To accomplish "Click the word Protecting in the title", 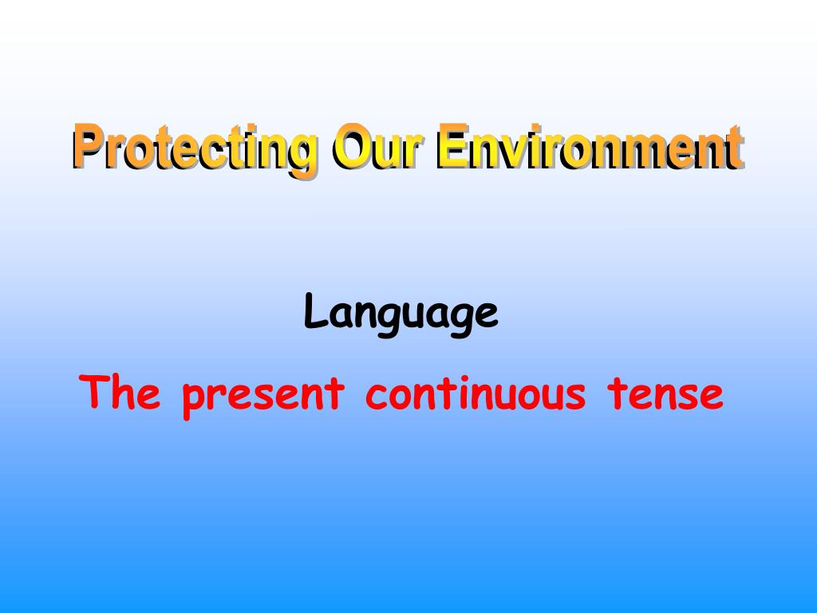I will [194, 148].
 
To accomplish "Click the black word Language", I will [401, 314].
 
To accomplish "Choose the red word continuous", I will [476, 394].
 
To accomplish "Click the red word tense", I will [665, 394].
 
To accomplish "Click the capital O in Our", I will [352, 147].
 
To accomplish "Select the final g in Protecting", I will [301, 153].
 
